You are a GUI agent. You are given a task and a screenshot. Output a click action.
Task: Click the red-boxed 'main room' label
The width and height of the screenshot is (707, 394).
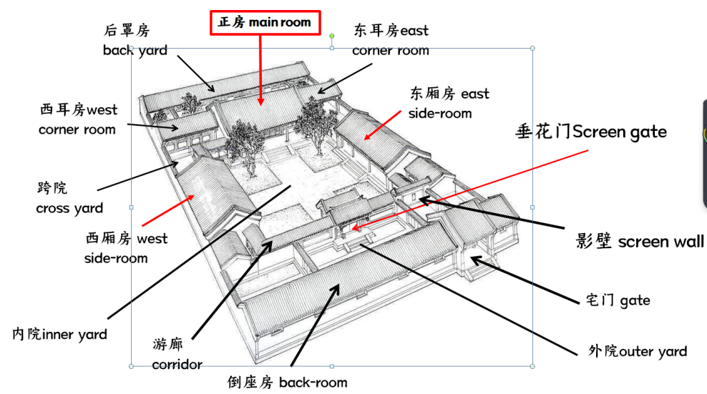click(x=265, y=22)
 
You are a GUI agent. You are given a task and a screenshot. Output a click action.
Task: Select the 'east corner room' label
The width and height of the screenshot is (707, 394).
click(x=391, y=40)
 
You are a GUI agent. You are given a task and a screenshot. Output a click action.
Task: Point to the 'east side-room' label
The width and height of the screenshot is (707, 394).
click(x=449, y=103)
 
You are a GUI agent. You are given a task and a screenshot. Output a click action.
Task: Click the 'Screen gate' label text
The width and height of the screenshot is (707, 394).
click(x=590, y=132)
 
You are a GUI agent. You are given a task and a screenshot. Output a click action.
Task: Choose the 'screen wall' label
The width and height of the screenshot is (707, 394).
click(x=640, y=241)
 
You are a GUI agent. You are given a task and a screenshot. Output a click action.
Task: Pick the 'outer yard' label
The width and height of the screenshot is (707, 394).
click(x=637, y=351)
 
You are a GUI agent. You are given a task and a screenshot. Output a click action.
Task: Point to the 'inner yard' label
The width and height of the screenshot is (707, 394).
click(x=60, y=334)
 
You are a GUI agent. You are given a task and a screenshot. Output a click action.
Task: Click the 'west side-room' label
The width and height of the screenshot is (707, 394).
click(x=126, y=247)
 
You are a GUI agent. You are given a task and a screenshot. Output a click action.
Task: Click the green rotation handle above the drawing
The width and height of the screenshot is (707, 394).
click(x=331, y=36)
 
